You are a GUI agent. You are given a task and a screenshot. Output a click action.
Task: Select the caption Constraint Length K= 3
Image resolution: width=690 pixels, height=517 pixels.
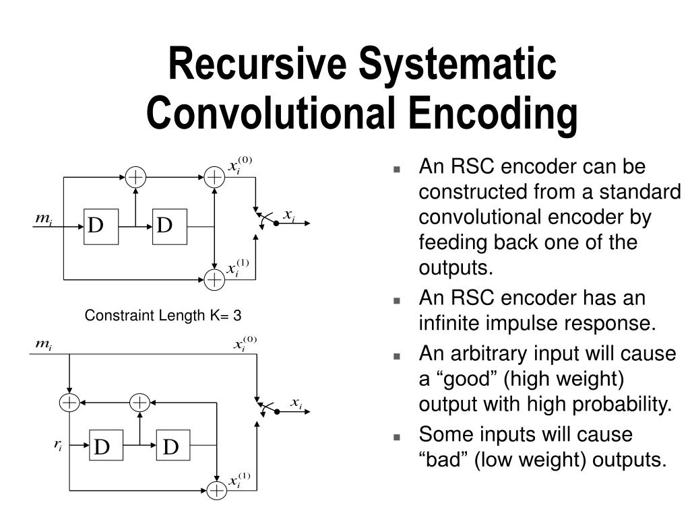point(162,315)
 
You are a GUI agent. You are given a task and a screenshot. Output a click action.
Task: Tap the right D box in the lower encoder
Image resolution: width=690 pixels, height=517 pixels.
point(172,446)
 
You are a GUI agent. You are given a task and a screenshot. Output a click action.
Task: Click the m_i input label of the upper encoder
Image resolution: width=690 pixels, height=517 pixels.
point(44,219)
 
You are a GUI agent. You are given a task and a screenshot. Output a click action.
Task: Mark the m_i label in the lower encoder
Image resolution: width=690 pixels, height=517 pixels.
point(44,345)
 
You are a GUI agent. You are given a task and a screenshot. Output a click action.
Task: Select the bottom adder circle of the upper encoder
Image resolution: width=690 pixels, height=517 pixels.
point(214,278)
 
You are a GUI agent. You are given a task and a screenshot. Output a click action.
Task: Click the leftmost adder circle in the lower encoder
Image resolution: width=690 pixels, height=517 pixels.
point(69,403)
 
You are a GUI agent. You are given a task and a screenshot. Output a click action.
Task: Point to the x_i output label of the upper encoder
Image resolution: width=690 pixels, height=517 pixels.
point(289,215)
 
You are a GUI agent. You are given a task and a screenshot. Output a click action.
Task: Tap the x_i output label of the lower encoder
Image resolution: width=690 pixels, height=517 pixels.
point(296,403)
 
